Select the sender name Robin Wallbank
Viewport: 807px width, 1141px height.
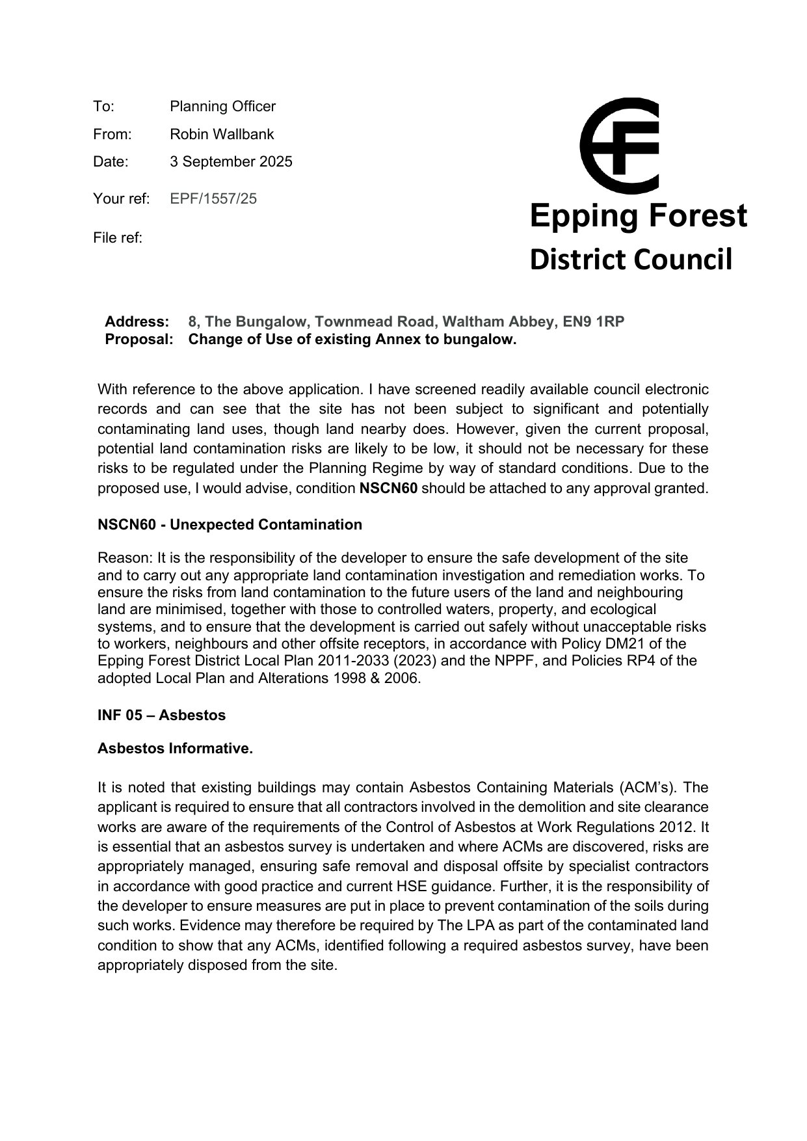pos(222,135)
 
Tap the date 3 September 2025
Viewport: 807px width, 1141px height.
pos(231,162)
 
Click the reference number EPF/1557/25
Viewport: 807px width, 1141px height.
pos(213,199)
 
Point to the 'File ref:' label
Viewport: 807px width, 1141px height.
pos(118,238)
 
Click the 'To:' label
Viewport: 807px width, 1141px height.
pos(103,107)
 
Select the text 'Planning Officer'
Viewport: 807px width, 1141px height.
pos(222,107)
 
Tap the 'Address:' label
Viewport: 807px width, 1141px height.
pos(137,322)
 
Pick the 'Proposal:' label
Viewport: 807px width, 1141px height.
pos(139,340)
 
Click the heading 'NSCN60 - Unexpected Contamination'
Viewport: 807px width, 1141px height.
pos(230,525)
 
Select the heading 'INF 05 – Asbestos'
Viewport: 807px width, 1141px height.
pos(161,716)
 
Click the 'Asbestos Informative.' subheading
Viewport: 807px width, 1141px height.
pos(175,749)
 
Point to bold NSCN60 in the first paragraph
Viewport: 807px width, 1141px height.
pos(388,489)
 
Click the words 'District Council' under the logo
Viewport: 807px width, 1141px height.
pos(631,260)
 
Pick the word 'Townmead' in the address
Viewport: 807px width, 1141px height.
pos(345,322)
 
